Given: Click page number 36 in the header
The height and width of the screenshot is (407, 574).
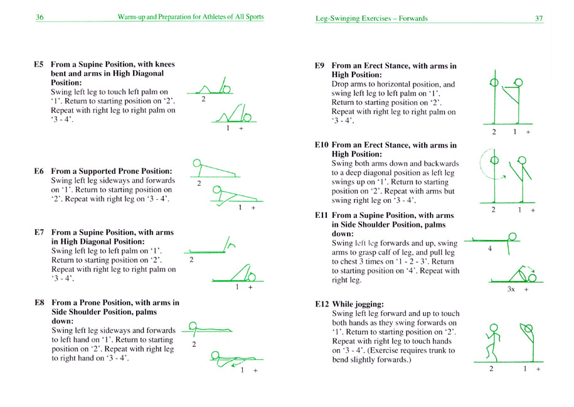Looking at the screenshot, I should click(39, 18).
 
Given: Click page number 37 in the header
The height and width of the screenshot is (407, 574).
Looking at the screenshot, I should click(538, 18).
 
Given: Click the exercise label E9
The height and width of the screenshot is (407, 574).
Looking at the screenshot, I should click(320, 65).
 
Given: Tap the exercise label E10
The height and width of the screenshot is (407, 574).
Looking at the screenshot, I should click(322, 145).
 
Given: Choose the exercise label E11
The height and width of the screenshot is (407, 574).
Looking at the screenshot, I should click(322, 215).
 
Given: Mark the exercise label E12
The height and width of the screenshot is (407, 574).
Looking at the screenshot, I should click(322, 304).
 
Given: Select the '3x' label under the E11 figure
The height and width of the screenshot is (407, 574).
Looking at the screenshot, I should click(511, 290).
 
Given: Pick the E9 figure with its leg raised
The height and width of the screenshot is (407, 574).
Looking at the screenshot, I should click(516, 100).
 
